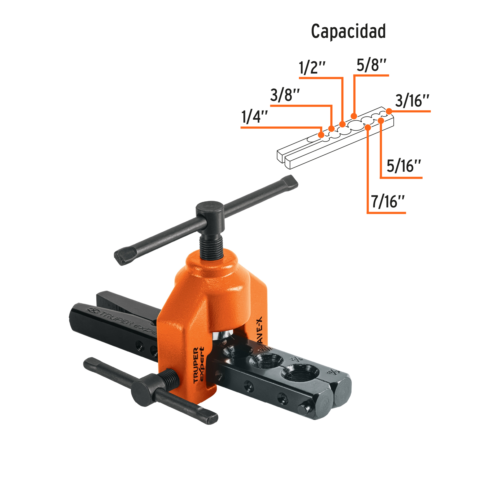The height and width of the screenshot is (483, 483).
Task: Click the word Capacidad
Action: point(348,32)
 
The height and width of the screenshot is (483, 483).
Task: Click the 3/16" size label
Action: point(412,101)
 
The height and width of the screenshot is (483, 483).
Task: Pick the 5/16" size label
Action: point(404,166)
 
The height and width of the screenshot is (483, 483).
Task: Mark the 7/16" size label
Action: point(387,202)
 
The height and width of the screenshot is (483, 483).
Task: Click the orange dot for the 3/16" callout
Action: point(389,111)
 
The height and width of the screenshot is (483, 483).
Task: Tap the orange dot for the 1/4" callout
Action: point(321,135)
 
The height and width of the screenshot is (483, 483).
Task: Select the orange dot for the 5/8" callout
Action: point(354,116)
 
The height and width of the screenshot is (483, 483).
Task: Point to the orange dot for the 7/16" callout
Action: point(368,127)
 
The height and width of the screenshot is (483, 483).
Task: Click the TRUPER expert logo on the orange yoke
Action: point(199,365)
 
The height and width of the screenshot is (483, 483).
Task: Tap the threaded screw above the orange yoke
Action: point(211,246)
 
